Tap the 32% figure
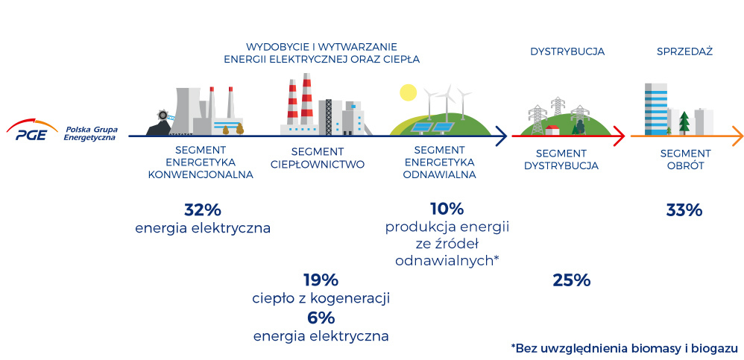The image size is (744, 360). tap(203, 209)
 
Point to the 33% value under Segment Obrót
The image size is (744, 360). tap(684, 210)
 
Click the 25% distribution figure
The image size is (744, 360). tap(571, 280)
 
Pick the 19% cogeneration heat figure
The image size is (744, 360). tap(321, 280)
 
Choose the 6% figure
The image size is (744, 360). tap(321, 318)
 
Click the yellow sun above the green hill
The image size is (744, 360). tap(408, 92)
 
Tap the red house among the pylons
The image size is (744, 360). tap(552, 130)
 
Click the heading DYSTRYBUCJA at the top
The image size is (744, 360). tap(567, 51)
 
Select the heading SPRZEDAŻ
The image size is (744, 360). tap(684, 51)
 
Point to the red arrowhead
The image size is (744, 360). tap(619, 136)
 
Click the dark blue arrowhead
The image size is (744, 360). tap(501, 136)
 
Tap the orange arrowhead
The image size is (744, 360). tap(737, 136)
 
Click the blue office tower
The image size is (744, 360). tap(656, 109)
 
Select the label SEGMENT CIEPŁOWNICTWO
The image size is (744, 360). tap(318, 159)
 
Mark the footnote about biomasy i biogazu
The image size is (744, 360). tap(625, 349)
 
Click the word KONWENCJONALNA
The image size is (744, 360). tap(201, 174)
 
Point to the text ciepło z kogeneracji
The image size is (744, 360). tap(321, 299)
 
